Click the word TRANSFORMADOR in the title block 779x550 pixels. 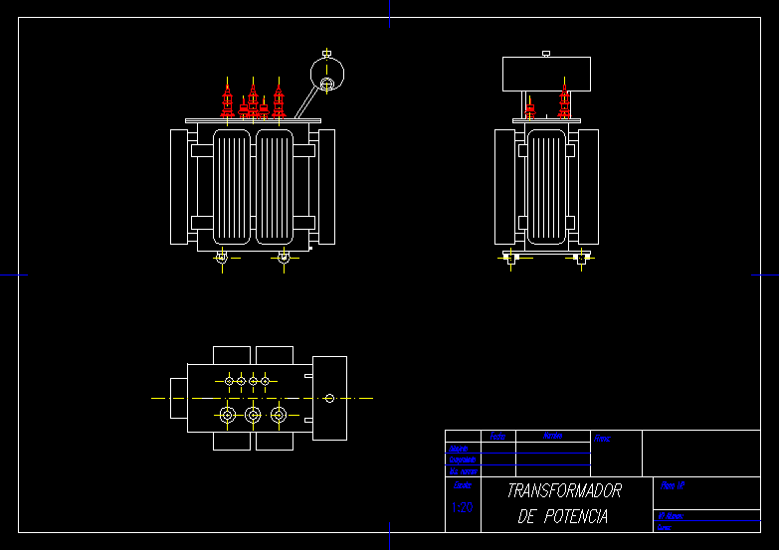point(563,491)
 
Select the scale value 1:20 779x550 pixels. point(462,508)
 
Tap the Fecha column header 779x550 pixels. point(497,436)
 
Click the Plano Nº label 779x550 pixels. point(673,485)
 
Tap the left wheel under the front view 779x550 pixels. point(222,259)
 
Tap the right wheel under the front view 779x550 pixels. point(284,259)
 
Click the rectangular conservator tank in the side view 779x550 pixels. point(546,74)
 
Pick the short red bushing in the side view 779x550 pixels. point(530,110)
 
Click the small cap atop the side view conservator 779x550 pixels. point(545,53)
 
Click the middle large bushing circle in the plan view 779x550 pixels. point(253,414)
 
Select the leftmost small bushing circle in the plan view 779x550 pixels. point(229,381)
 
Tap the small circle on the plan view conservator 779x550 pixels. point(329,398)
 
